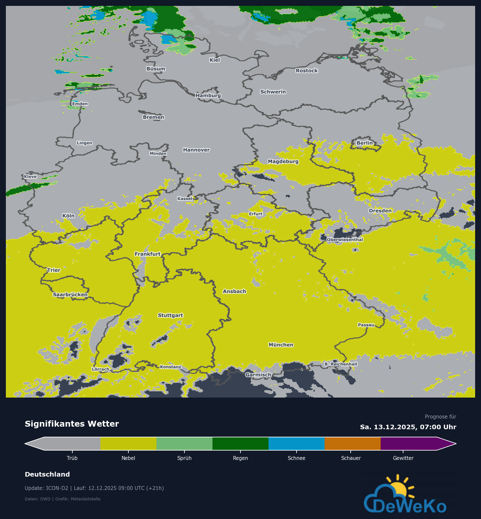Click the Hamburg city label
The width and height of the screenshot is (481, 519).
click(x=208, y=95)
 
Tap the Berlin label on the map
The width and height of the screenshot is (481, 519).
click(x=364, y=143)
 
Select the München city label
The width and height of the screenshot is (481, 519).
click(x=281, y=345)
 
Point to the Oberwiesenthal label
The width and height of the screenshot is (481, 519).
click(x=345, y=240)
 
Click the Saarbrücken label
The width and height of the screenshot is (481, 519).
click(x=70, y=294)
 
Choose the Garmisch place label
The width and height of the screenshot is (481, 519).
click(x=258, y=375)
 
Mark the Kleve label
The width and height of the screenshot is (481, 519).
click(x=30, y=177)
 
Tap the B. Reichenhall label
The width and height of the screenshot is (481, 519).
click(x=341, y=364)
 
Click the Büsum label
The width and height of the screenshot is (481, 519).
click(x=156, y=69)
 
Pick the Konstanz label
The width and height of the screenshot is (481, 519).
click(x=170, y=367)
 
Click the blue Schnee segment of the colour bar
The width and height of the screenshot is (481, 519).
click(x=296, y=444)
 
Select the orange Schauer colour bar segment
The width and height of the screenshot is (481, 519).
click(x=352, y=444)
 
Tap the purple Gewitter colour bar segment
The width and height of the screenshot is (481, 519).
click(x=408, y=444)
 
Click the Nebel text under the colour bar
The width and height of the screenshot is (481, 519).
click(x=128, y=458)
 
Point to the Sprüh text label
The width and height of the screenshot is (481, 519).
click(x=184, y=458)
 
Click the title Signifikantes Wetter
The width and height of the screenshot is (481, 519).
click(x=72, y=424)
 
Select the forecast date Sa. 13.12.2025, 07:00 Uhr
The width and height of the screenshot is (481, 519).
click(x=408, y=427)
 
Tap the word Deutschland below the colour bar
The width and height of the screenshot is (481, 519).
click(x=47, y=474)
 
